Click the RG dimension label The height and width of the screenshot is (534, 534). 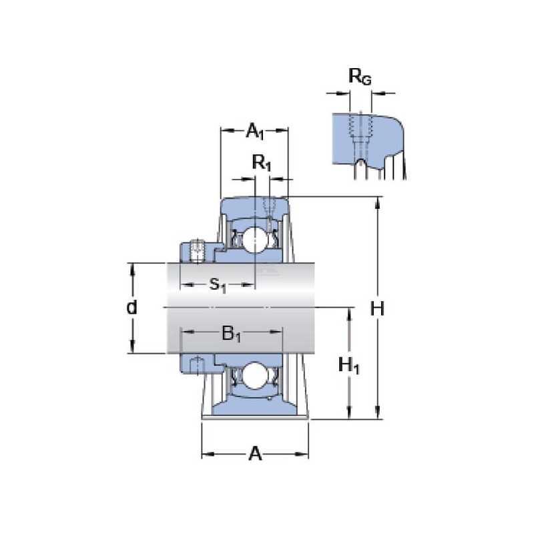360,76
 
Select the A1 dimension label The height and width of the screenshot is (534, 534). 255,131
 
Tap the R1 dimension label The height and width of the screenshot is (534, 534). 261,163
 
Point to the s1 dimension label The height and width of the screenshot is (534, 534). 218,284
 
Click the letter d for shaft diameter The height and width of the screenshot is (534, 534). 131,308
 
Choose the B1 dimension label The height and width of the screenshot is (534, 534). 232,333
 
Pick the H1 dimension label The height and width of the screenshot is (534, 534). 349,366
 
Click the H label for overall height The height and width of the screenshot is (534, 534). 377,309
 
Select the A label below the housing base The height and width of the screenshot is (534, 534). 256,454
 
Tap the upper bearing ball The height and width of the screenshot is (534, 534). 255,240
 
